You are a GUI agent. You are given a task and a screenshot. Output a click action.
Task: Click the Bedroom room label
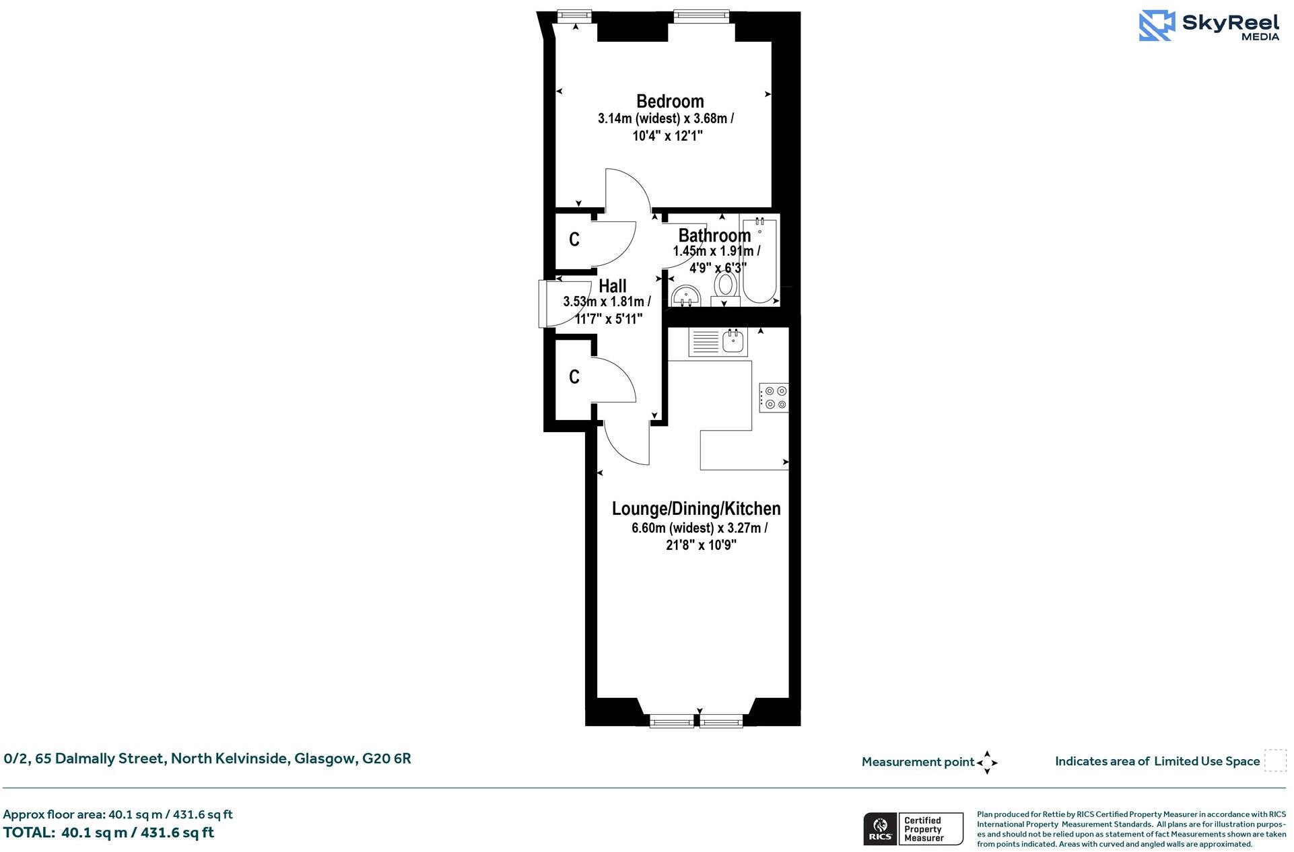click(670, 102)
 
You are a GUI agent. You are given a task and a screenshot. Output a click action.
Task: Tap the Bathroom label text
click(714, 236)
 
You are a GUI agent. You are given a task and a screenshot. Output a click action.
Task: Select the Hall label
click(612, 286)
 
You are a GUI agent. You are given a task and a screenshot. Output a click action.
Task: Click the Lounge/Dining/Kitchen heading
click(696, 509)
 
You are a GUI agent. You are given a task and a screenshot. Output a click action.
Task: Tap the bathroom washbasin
click(686, 295)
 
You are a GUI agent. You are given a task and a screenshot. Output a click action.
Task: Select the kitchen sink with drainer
click(717, 341)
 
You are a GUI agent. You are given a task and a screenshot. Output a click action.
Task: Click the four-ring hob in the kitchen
click(774, 397)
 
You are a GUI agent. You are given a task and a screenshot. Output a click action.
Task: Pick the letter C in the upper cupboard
click(574, 240)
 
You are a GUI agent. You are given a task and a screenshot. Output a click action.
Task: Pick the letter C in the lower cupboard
click(574, 377)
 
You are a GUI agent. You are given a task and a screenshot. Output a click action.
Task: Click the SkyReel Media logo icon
click(1156, 26)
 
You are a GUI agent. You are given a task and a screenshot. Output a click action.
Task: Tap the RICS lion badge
click(879, 828)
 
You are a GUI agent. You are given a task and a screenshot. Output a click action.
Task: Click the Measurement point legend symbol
click(987, 762)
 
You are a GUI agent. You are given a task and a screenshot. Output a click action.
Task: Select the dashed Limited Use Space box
click(1274, 760)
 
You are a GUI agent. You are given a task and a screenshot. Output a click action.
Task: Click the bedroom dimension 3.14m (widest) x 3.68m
click(666, 119)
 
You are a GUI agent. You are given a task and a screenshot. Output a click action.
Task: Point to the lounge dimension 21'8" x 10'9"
click(701, 545)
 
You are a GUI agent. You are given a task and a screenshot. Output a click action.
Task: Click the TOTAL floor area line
click(108, 832)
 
